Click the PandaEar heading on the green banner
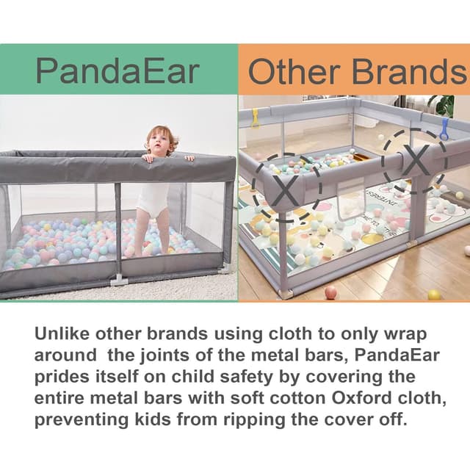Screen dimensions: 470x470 117,70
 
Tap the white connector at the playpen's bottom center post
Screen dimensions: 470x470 118,280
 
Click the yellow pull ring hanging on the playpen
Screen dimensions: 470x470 256,117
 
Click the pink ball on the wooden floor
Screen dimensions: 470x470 330,292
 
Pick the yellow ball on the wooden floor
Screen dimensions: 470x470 434,294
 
